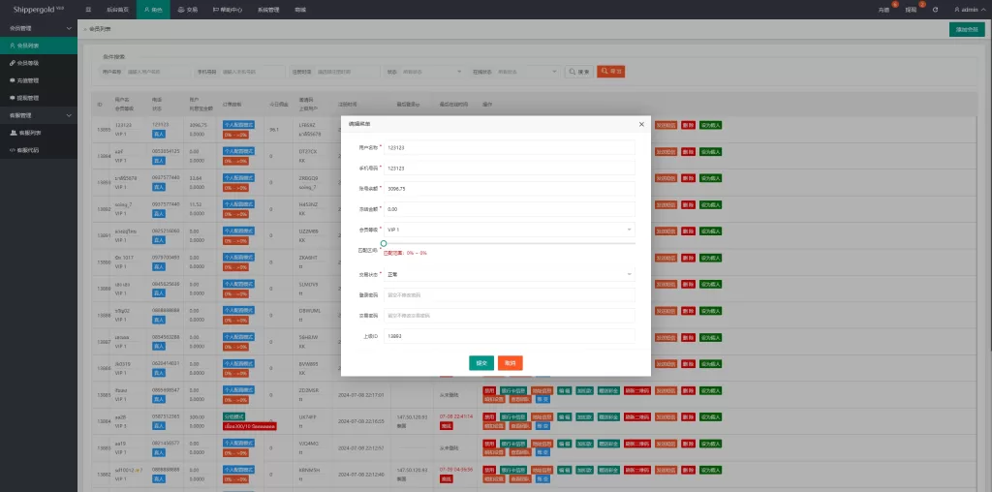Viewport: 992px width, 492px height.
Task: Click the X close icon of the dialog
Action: click(x=641, y=124)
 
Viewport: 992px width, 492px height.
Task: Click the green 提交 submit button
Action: click(x=480, y=362)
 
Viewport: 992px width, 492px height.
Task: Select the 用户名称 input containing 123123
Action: click(x=509, y=148)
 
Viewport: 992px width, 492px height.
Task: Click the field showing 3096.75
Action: click(x=509, y=189)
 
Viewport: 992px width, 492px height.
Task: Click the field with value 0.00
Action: click(x=509, y=208)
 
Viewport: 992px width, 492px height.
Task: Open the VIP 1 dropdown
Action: click(x=509, y=230)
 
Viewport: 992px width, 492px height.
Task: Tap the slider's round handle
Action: click(x=384, y=244)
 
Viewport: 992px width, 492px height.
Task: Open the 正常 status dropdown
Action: click(x=509, y=274)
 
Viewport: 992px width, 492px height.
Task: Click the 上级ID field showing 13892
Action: click(x=509, y=335)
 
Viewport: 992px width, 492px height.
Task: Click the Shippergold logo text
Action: click(x=36, y=9)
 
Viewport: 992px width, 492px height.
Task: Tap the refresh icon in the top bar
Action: click(x=935, y=10)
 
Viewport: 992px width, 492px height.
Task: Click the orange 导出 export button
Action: click(x=610, y=72)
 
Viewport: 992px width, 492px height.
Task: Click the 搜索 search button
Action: click(x=578, y=72)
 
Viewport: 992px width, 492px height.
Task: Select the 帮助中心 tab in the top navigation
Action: click(x=228, y=10)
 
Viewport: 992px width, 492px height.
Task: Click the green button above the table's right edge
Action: click(x=967, y=30)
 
